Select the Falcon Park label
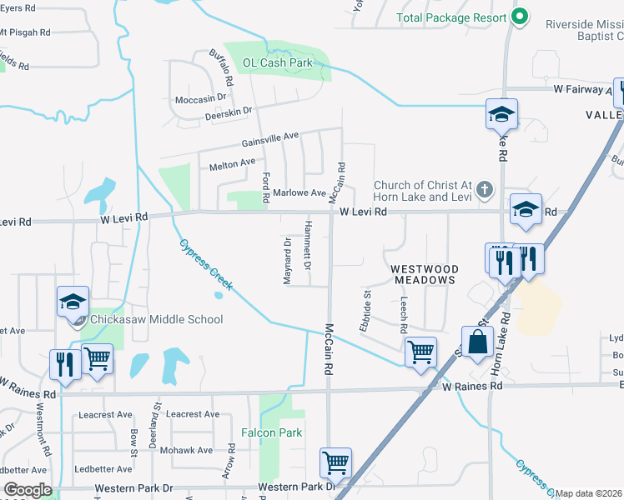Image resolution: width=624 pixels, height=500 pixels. click(271, 432)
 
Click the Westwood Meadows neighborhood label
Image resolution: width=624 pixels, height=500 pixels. click(425, 274)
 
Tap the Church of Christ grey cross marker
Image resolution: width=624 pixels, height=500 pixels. click(484, 191)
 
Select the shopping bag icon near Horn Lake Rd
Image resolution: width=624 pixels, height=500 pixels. click(478, 342)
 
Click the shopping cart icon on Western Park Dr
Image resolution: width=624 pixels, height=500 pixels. click(335, 462)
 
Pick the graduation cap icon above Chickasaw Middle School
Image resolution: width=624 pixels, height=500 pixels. click(73, 302)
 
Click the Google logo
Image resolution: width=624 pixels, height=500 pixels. click(28, 490)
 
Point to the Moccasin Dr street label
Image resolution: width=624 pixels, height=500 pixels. click(200, 97)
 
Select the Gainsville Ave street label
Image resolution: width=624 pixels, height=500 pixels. click(270, 139)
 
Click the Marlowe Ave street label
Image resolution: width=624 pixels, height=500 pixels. click(299, 192)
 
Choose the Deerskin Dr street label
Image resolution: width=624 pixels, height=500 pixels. click(228, 112)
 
